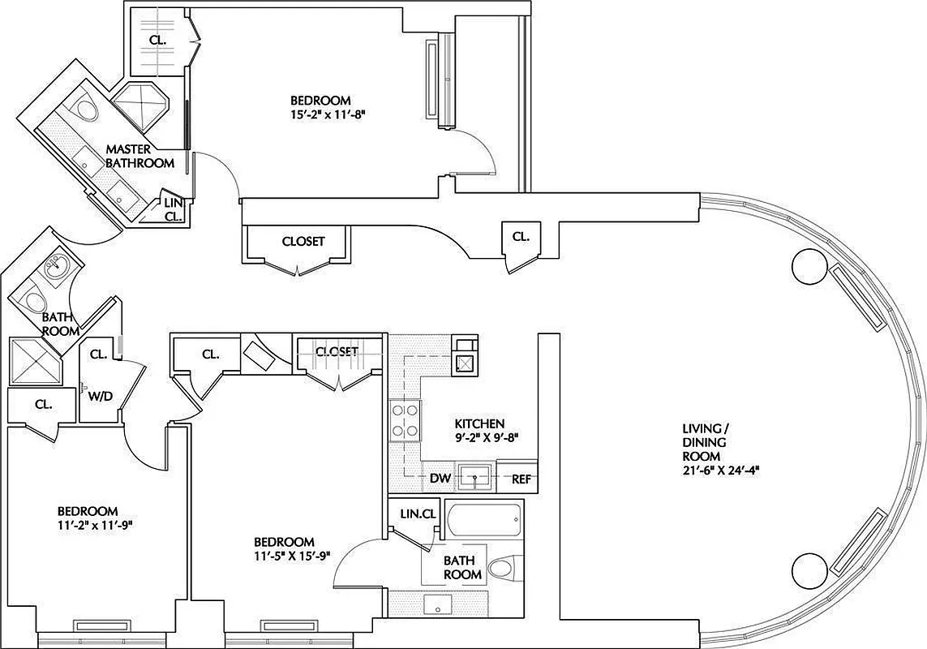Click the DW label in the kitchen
[x=439, y=479]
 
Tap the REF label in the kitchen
[x=521, y=479]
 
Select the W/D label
[x=99, y=395]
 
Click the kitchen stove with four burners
[x=404, y=420]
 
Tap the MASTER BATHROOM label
[x=139, y=157]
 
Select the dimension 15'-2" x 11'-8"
[x=328, y=114]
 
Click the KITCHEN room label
[x=479, y=423]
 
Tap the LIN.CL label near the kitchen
[x=418, y=514]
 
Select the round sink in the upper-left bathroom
[x=56, y=265]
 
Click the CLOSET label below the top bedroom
[x=303, y=241]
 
